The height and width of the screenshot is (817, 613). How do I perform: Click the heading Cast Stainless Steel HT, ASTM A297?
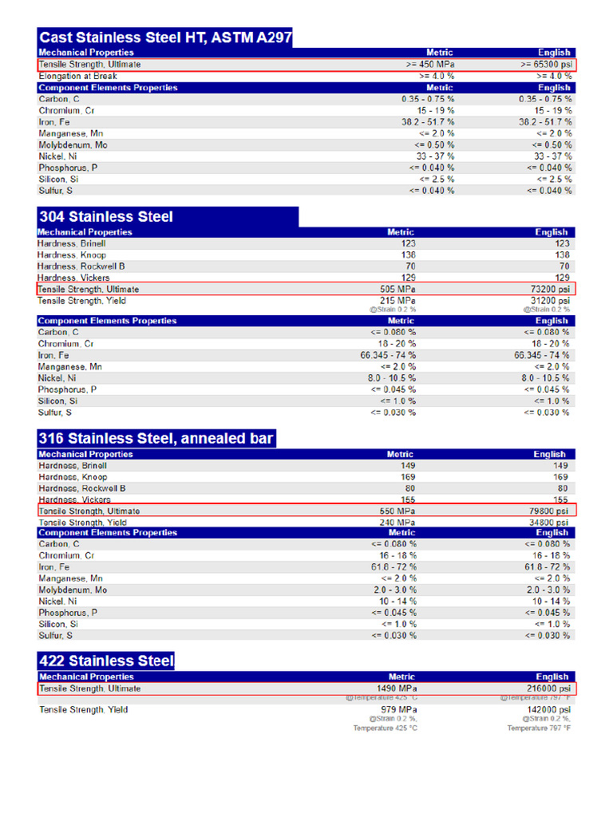(165, 37)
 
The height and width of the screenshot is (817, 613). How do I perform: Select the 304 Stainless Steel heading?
(105, 216)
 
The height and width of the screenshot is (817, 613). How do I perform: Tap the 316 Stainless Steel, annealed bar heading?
(156, 438)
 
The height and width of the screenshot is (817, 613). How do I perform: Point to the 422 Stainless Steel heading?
(106, 661)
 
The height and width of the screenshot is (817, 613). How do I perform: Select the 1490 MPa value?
(397, 689)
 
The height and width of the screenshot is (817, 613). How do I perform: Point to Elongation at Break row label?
(77, 76)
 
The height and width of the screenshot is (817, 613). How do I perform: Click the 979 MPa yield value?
(399, 709)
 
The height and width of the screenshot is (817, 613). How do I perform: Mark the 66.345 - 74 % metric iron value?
(388, 355)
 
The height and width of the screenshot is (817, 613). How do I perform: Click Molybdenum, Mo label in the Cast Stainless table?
(73, 145)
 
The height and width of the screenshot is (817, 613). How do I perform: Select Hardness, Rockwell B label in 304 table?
(81, 266)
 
